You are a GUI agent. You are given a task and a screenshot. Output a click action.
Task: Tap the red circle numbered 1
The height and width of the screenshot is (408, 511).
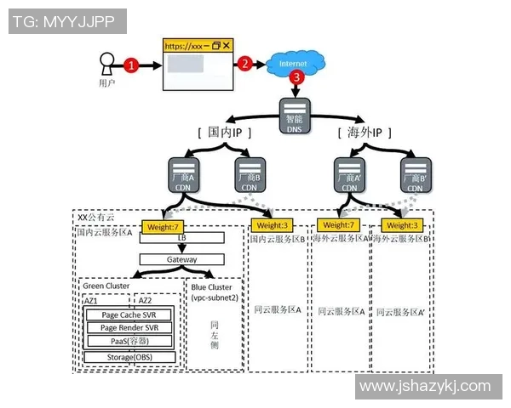click(x=131, y=65)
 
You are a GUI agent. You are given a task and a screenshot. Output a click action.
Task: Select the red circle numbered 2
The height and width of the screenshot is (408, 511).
click(x=245, y=64)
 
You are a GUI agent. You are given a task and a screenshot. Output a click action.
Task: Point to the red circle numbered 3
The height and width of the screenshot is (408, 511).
click(x=296, y=77)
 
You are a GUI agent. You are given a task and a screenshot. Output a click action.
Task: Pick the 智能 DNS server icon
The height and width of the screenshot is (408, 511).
click(x=295, y=116)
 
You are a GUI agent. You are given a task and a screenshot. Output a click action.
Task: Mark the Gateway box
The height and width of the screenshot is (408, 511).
click(x=181, y=259)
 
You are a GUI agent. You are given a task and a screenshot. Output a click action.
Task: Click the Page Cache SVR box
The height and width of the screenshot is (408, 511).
click(x=129, y=314)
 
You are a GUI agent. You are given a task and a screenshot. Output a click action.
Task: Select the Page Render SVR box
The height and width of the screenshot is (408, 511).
click(x=129, y=327)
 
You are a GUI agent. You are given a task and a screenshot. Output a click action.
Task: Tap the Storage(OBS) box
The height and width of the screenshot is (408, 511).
click(x=129, y=357)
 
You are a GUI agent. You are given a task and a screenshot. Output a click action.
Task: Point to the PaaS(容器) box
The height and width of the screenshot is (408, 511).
click(x=129, y=341)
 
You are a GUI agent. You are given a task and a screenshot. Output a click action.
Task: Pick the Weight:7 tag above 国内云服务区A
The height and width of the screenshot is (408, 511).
click(x=164, y=226)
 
